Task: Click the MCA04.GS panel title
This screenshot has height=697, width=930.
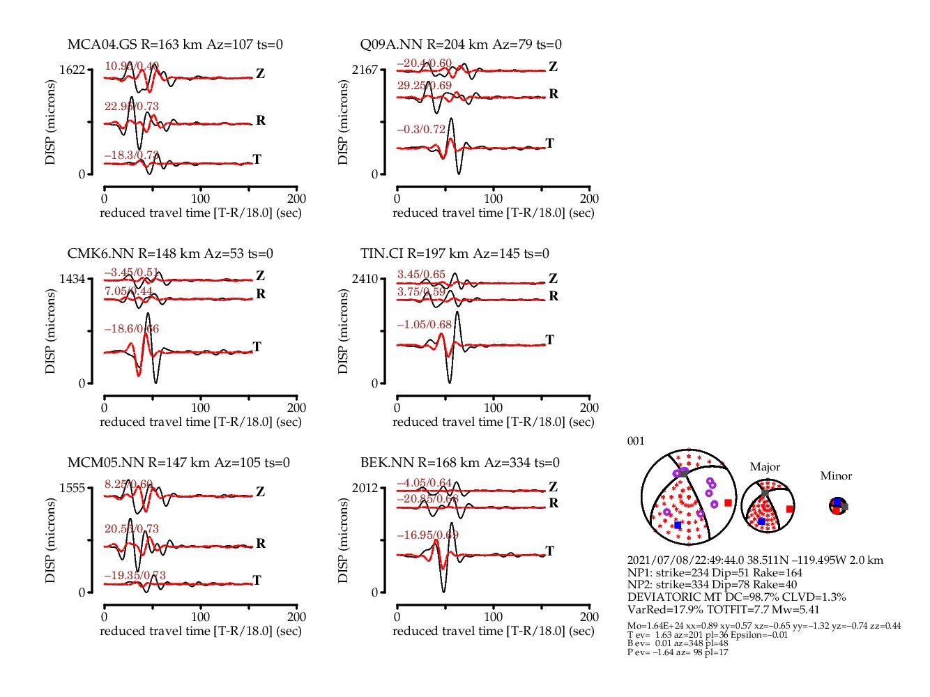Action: pyautogui.click(x=175, y=45)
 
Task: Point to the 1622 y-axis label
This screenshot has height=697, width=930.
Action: pyautogui.click(x=72, y=70)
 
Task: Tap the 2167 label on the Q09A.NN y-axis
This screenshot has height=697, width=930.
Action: pyautogui.click(x=365, y=70)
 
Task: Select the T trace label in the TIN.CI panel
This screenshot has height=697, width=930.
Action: pyautogui.click(x=550, y=340)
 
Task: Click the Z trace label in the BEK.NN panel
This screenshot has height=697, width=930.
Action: pyautogui.click(x=553, y=487)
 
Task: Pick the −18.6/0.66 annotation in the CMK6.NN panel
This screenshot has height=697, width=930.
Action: pyautogui.click(x=132, y=329)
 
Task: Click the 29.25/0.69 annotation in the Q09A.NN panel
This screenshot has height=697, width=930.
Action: pyautogui.click(x=424, y=86)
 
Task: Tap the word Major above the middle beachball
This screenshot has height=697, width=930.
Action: pyautogui.click(x=765, y=467)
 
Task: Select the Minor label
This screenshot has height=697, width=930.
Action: pyautogui.click(x=836, y=476)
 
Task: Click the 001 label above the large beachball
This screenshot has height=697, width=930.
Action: pyautogui.click(x=636, y=441)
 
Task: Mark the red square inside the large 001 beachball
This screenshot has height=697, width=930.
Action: pyautogui.click(x=728, y=503)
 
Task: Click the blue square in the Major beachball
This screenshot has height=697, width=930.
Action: pyautogui.click(x=761, y=521)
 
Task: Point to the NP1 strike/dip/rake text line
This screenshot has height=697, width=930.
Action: pyautogui.click(x=715, y=573)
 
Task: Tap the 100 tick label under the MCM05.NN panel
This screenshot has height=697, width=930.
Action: pyautogui.click(x=200, y=617)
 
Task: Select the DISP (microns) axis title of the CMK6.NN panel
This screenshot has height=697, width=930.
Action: pyautogui.click(x=50, y=331)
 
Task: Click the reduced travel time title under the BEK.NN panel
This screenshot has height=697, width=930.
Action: pyautogui.click(x=493, y=631)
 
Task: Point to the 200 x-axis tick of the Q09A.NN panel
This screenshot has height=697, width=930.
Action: pyautogui.click(x=589, y=199)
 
